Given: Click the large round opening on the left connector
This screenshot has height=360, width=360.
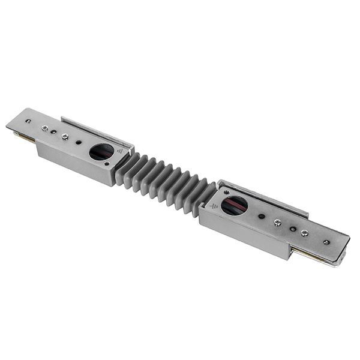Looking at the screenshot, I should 101,152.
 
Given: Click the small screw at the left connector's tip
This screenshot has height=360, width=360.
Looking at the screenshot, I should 28,121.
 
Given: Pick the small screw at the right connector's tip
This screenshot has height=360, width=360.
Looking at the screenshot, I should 326,242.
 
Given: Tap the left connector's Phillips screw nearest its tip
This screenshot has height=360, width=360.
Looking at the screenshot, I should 44,128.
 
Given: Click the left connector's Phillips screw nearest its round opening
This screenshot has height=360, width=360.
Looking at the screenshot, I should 65,137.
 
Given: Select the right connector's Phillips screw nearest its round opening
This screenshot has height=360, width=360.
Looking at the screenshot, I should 277,223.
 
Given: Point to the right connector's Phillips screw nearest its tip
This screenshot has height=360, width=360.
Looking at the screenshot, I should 305,233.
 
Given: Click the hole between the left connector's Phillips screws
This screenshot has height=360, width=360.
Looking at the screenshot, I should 54,132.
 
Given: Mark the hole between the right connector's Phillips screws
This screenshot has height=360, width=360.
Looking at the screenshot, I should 292,228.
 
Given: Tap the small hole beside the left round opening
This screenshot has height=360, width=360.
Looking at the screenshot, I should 79,143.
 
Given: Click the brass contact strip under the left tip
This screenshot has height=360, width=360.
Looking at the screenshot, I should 25,139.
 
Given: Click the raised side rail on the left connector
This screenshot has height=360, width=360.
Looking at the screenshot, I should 96,131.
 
